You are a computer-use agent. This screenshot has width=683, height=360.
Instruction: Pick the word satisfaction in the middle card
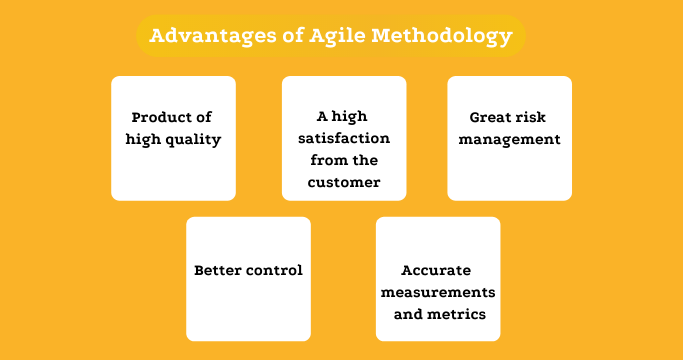pos(344,137)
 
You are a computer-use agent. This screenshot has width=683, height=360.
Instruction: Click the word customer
pos(344,182)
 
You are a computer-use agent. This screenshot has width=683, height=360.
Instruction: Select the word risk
pos(536,116)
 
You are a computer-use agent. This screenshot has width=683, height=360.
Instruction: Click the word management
pos(509,139)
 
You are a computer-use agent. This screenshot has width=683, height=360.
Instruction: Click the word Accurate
pos(436,270)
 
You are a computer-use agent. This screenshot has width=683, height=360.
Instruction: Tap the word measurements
pos(437,292)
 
